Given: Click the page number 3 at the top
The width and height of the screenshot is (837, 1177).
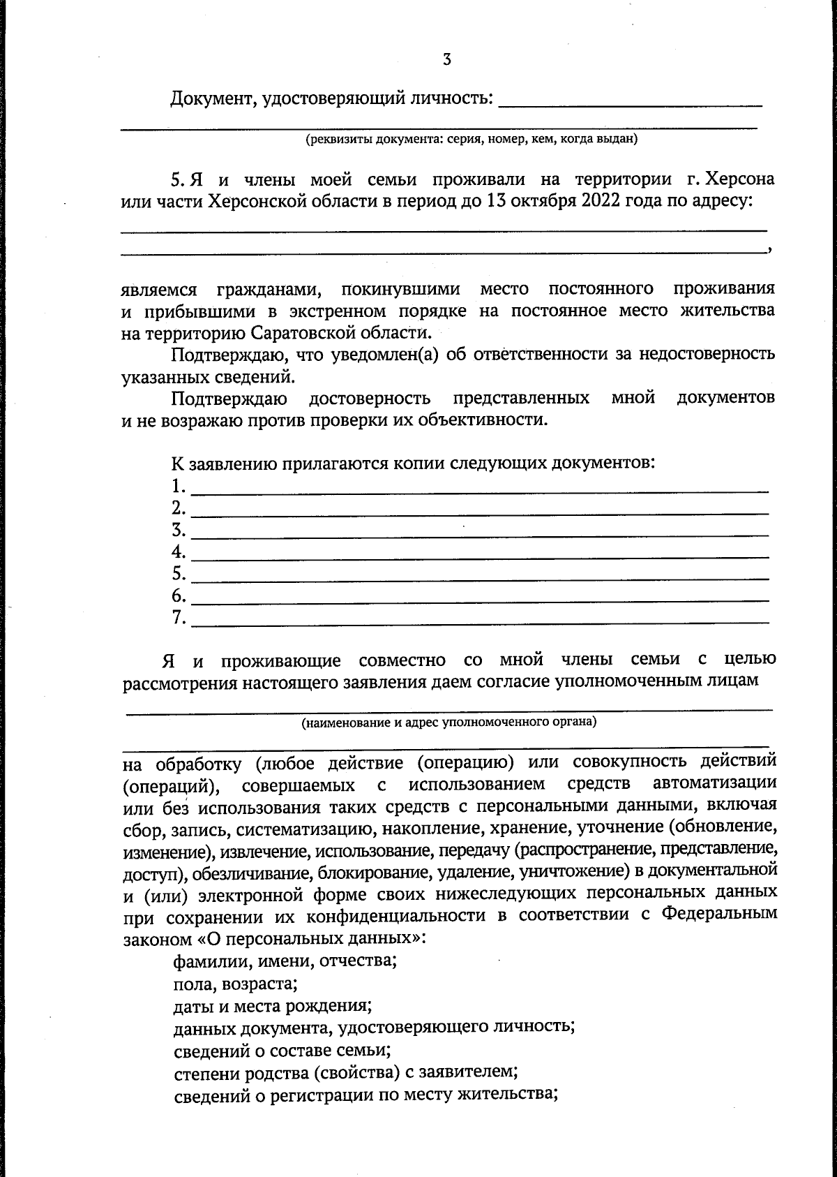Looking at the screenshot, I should [x=446, y=60].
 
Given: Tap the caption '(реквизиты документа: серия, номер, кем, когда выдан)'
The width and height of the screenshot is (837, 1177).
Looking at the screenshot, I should [x=472, y=139].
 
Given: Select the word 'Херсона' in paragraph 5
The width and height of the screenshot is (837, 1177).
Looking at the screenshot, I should [x=740, y=179].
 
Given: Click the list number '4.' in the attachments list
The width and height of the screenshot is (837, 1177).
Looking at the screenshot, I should [x=179, y=552].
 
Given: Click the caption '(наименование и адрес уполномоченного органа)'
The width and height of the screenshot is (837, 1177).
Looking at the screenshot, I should [x=448, y=722].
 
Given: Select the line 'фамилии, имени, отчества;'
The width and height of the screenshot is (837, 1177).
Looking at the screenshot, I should [x=285, y=961].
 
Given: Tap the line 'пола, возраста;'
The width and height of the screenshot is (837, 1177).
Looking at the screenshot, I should [x=236, y=984].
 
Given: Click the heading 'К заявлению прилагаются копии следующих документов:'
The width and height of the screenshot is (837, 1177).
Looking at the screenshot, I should [x=413, y=463].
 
